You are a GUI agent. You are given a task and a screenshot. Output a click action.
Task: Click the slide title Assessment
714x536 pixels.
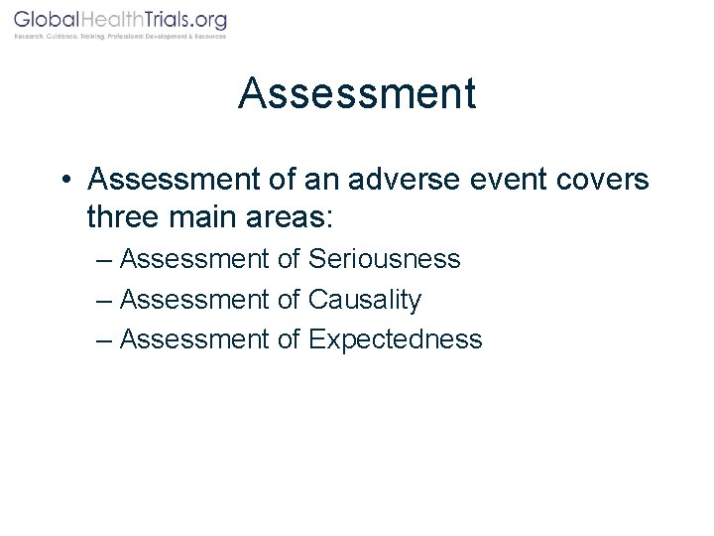coord(357,94)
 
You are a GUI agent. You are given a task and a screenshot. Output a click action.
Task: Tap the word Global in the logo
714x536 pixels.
coord(47,20)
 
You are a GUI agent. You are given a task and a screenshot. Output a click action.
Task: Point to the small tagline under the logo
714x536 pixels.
coord(119,37)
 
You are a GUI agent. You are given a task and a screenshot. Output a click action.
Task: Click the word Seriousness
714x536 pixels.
coord(385,260)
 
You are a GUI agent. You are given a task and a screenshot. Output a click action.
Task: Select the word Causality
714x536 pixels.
coord(365,300)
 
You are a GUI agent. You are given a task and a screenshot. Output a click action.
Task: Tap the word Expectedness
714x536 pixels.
coord(396,339)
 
